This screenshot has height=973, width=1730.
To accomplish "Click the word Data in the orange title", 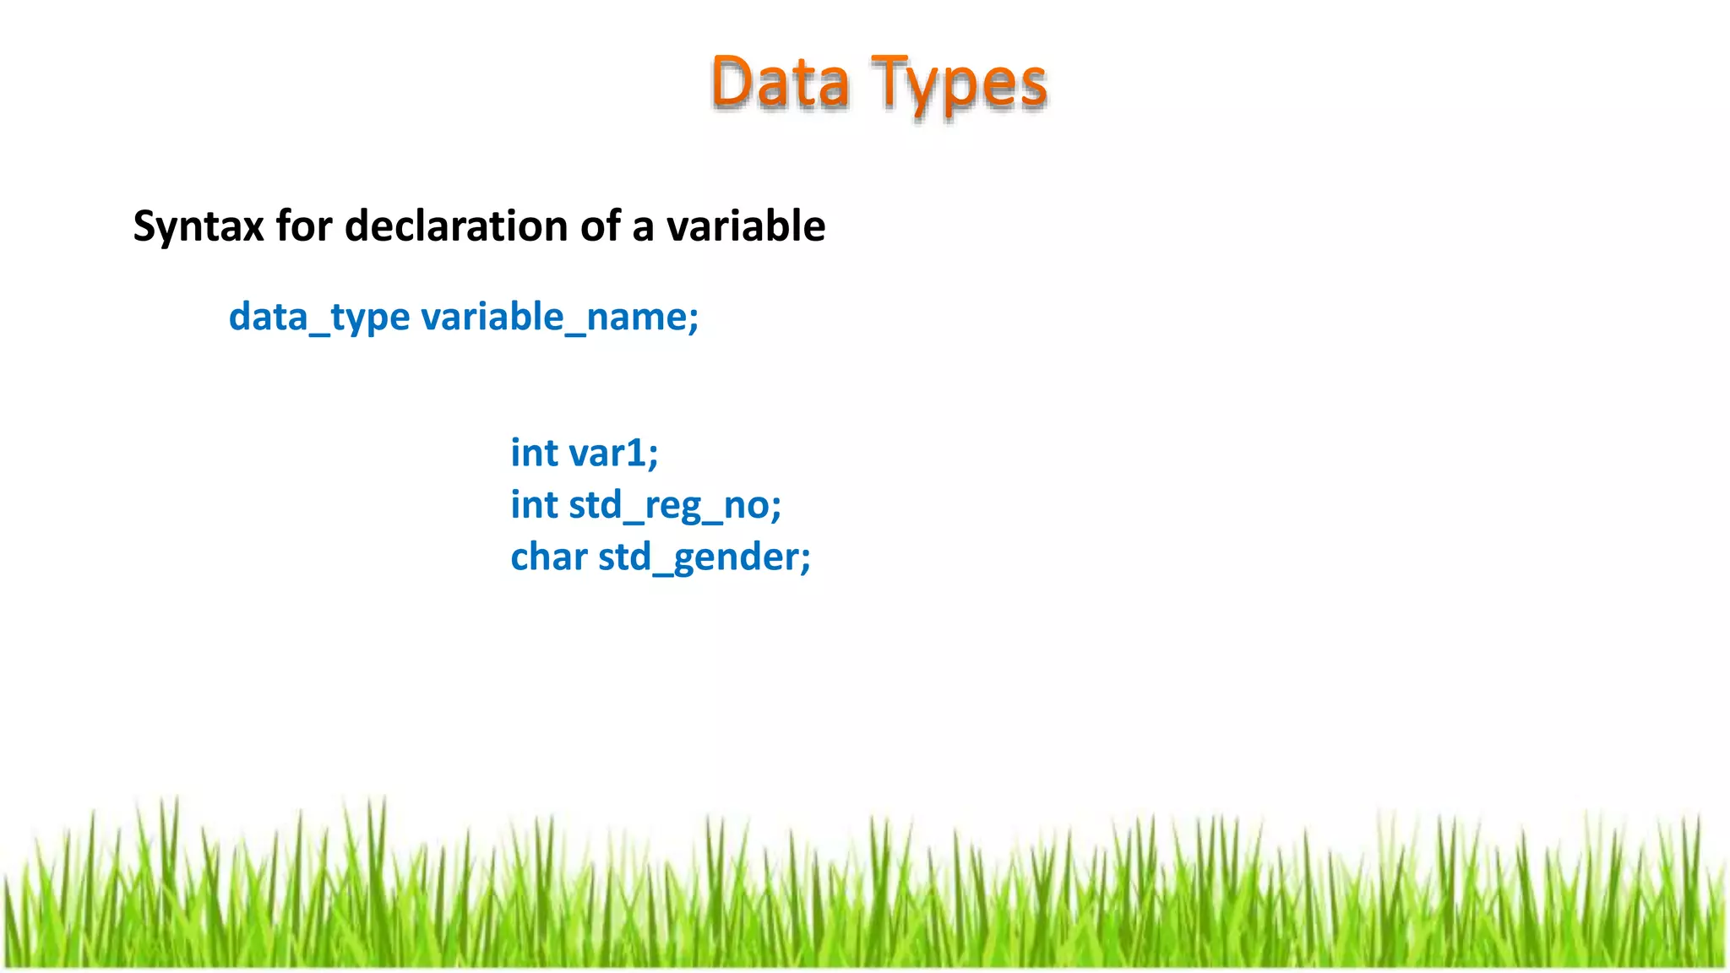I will click(x=780, y=83).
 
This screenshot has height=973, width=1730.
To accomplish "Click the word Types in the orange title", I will click(x=960, y=84).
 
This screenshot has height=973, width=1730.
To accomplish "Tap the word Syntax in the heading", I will click(x=198, y=227).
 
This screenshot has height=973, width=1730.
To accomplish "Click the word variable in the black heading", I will click(x=745, y=226).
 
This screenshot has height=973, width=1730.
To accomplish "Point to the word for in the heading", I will click(x=304, y=226).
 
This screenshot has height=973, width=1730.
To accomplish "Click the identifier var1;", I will click(x=613, y=454).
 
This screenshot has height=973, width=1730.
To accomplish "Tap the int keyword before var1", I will click(x=534, y=454).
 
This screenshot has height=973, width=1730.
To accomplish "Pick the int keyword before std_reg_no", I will click(x=534, y=506).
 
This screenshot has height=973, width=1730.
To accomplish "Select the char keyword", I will click(x=549, y=557).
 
